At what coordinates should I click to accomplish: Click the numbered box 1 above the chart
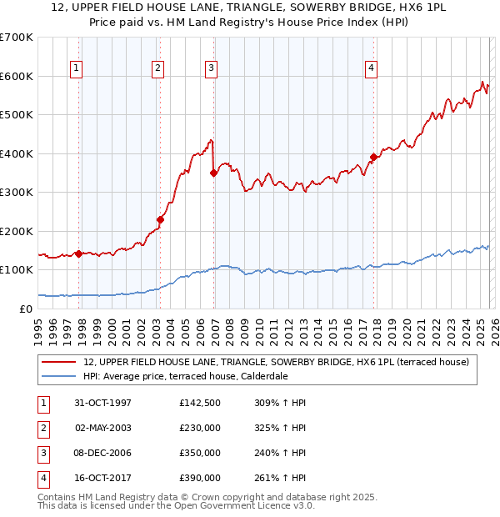tap(76, 68)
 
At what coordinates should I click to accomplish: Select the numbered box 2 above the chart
tap(157, 68)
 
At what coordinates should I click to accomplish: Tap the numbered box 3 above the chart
tap(211, 68)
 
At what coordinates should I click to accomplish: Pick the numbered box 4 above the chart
tap(371, 68)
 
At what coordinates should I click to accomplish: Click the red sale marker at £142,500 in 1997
tap(79, 253)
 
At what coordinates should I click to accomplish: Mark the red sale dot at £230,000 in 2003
tap(160, 219)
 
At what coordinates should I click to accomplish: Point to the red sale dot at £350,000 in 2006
tap(214, 173)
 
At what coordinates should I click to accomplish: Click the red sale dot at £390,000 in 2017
tap(373, 158)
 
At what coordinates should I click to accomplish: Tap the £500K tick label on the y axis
tap(17, 115)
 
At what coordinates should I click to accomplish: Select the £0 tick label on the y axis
tap(26, 309)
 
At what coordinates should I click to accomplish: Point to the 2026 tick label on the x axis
tap(493, 328)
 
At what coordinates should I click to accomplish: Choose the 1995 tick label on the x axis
tap(39, 328)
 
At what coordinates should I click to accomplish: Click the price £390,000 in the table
tap(200, 478)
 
